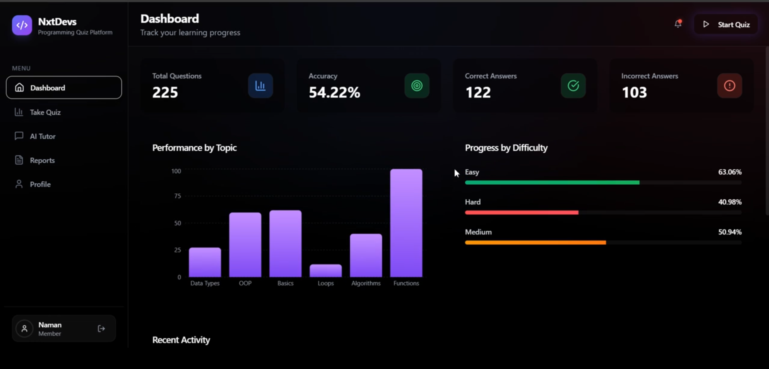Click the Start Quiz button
click(726, 24)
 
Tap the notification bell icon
click(678, 24)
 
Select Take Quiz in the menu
click(45, 112)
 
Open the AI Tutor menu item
click(42, 136)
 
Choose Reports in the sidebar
click(42, 160)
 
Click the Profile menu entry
click(40, 184)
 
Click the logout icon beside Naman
click(101, 329)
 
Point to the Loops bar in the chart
click(326, 271)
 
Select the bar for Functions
click(406, 223)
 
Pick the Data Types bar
click(205, 262)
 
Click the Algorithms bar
click(366, 255)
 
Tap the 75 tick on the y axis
click(177, 196)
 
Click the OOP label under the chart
click(245, 283)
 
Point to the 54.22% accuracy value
click(334, 92)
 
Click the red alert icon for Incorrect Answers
click(729, 86)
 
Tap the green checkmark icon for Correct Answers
click(573, 86)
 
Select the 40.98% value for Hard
click(730, 202)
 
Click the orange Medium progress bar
click(535, 243)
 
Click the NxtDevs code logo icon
click(22, 25)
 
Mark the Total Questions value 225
click(165, 92)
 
